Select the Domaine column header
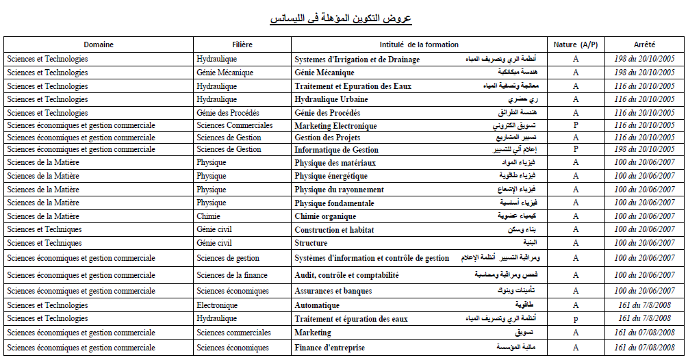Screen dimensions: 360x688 [x=99, y=44]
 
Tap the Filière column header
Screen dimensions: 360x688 [x=242, y=44]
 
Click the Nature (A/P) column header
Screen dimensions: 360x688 [x=576, y=44]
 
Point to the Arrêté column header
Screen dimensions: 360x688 [x=644, y=44]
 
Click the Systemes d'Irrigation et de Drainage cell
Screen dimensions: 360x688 [x=357, y=60]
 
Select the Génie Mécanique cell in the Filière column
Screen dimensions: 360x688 [x=225, y=73]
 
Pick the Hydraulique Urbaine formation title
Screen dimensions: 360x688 [x=331, y=99]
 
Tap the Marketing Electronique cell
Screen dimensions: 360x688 [x=335, y=126]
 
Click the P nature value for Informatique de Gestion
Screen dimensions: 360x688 [x=576, y=149]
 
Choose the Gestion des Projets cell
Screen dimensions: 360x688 [x=327, y=138]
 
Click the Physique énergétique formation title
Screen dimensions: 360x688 [x=331, y=176]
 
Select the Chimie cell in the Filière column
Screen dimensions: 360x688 [x=208, y=216]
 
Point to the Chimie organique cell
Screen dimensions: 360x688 [x=325, y=216]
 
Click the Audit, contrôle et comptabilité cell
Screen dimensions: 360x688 [x=346, y=275]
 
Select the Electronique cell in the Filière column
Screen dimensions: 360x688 [x=217, y=305]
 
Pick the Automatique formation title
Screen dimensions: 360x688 [x=317, y=305]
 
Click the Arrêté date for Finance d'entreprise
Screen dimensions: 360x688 [x=644, y=348]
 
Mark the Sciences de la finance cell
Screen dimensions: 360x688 [x=232, y=275]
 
